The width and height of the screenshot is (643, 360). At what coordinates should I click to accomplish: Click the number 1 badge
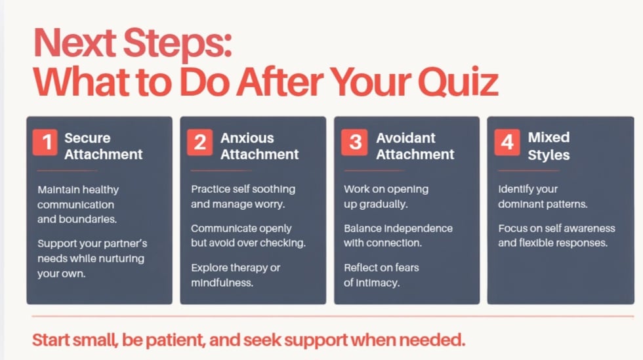[x=45, y=142]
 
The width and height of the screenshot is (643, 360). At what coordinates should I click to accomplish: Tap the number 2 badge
[x=199, y=142]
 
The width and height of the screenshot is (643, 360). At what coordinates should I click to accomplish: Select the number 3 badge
[x=354, y=142]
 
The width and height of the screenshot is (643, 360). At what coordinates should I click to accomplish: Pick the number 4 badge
[x=507, y=142]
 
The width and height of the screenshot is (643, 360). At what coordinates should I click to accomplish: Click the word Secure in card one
[x=87, y=138]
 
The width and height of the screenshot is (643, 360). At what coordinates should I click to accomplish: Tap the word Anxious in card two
[x=247, y=138]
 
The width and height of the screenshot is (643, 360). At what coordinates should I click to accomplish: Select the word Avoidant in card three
[x=406, y=138]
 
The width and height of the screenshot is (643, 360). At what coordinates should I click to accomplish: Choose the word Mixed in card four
[x=549, y=137]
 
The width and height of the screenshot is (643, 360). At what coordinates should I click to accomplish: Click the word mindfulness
[x=222, y=283]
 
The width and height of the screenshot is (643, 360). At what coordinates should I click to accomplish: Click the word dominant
[x=518, y=204]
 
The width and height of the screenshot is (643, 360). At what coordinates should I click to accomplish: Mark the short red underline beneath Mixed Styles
[x=529, y=170]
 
